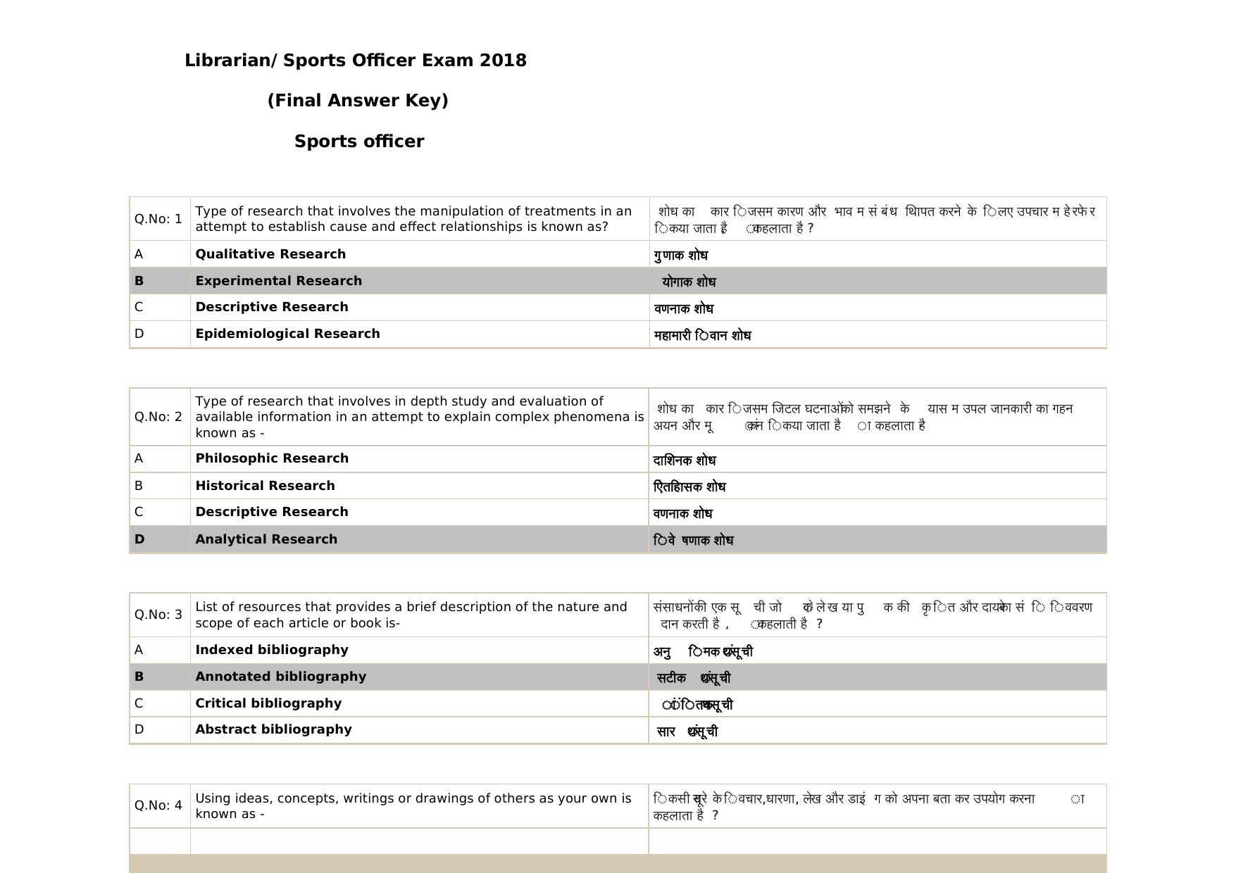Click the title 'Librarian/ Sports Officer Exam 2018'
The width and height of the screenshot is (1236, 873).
[355, 61]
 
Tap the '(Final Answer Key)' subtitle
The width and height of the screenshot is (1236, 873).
[358, 101]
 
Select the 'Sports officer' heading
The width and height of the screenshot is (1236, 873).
[359, 142]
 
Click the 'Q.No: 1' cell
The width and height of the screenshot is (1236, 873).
[158, 219]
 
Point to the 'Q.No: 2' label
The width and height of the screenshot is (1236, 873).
[158, 417]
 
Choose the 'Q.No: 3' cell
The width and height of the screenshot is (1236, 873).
[158, 615]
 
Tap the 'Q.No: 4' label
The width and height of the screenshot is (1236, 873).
[158, 805]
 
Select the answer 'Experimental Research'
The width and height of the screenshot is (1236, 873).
[278, 281]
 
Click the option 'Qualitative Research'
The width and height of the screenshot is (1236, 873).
[270, 254]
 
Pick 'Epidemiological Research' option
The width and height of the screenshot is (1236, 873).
[287, 334]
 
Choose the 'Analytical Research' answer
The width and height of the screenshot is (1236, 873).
[266, 539]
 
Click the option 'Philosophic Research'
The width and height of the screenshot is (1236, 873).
[272, 458]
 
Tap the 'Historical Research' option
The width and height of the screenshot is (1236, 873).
[265, 486]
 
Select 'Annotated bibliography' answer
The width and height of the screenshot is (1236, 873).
[280, 677]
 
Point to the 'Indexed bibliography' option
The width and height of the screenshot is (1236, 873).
[271, 650]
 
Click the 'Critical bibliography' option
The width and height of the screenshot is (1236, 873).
[268, 703]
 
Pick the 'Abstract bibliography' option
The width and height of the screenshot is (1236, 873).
[273, 729]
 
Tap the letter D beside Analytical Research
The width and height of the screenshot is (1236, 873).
[139, 539]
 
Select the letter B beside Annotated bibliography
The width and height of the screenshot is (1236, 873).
[139, 677]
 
